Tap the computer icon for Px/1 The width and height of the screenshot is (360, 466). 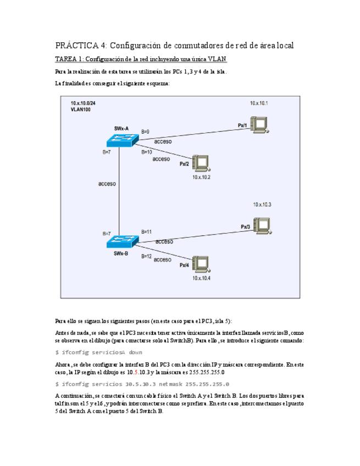(x=258, y=124)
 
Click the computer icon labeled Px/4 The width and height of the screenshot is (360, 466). (x=201, y=264)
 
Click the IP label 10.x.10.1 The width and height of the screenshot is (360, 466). (x=259, y=103)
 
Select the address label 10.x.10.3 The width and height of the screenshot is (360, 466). (x=262, y=204)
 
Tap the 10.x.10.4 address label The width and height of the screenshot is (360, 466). (x=201, y=278)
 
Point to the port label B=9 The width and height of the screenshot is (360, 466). (x=146, y=132)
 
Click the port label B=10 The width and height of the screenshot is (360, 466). (x=147, y=152)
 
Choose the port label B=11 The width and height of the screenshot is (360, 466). (x=147, y=232)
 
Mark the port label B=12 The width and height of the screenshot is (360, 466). (x=147, y=256)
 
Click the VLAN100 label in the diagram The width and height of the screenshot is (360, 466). (x=80, y=110)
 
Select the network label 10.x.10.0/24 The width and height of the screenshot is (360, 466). (x=83, y=103)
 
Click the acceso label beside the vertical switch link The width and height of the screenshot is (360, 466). (x=107, y=184)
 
